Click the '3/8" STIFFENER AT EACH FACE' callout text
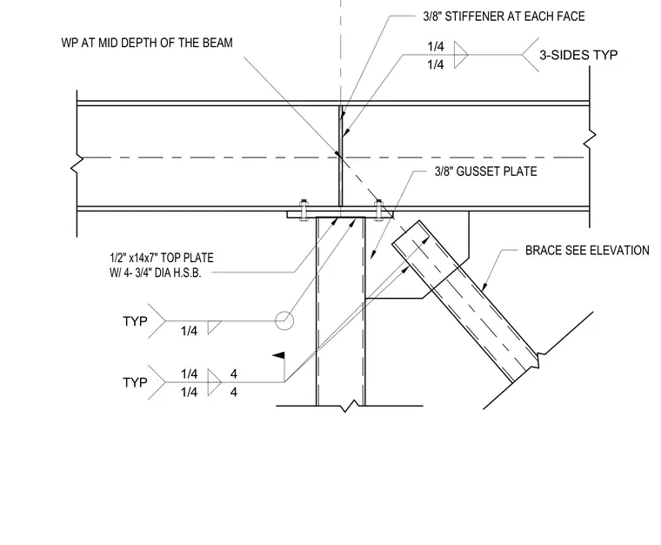pos(504,17)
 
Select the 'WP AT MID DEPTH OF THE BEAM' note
pos(147,43)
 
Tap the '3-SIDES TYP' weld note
pos(578,55)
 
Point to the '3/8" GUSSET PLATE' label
pos(485,172)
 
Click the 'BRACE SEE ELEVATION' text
pos(587,251)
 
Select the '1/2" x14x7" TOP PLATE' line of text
pos(162,258)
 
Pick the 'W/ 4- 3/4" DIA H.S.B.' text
pos(155,272)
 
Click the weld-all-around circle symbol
pos(284,320)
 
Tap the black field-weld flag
pos(278,356)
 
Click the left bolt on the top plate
pos(303,210)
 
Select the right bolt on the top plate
pos(378,210)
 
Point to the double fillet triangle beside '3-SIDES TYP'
pos(461,55)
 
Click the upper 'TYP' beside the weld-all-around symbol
pos(135,321)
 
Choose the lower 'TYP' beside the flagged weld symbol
pos(135,382)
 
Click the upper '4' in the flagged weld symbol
pos(234,373)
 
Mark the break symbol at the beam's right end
pos(590,139)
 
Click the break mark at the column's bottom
pos(351,407)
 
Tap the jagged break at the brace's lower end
pos(537,360)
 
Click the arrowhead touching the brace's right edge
pos(484,287)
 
